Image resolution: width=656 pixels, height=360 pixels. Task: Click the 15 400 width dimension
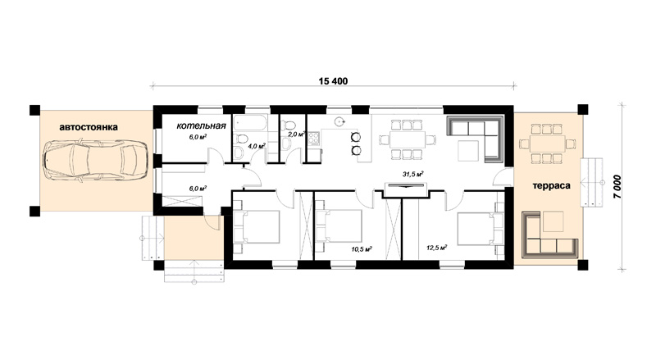[x=333, y=81]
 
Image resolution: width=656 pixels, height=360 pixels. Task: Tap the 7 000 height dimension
[x=619, y=187]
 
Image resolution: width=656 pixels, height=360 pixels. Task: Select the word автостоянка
[x=89, y=127]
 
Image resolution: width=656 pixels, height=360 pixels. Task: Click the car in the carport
[x=96, y=161]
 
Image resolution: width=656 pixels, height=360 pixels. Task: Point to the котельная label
[x=201, y=125]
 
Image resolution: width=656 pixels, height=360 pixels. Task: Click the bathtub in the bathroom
[x=249, y=124]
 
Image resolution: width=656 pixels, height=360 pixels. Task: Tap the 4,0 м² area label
[x=257, y=146]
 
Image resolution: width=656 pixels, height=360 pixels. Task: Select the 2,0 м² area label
[x=297, y=134]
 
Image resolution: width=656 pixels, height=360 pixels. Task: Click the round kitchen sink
[x=339, y=122]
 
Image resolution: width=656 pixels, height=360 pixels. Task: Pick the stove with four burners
[x=314, y=139]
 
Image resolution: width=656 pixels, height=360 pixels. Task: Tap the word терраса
[x=551, y=185]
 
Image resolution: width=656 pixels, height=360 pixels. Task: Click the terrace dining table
[x=548, y=144]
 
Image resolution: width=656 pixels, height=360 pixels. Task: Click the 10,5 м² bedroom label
[x=362, y=249]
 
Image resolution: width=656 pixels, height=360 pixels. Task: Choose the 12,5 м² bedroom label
[x=437, y=248]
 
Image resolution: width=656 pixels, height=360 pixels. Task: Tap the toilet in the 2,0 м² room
[x=289, y=125]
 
